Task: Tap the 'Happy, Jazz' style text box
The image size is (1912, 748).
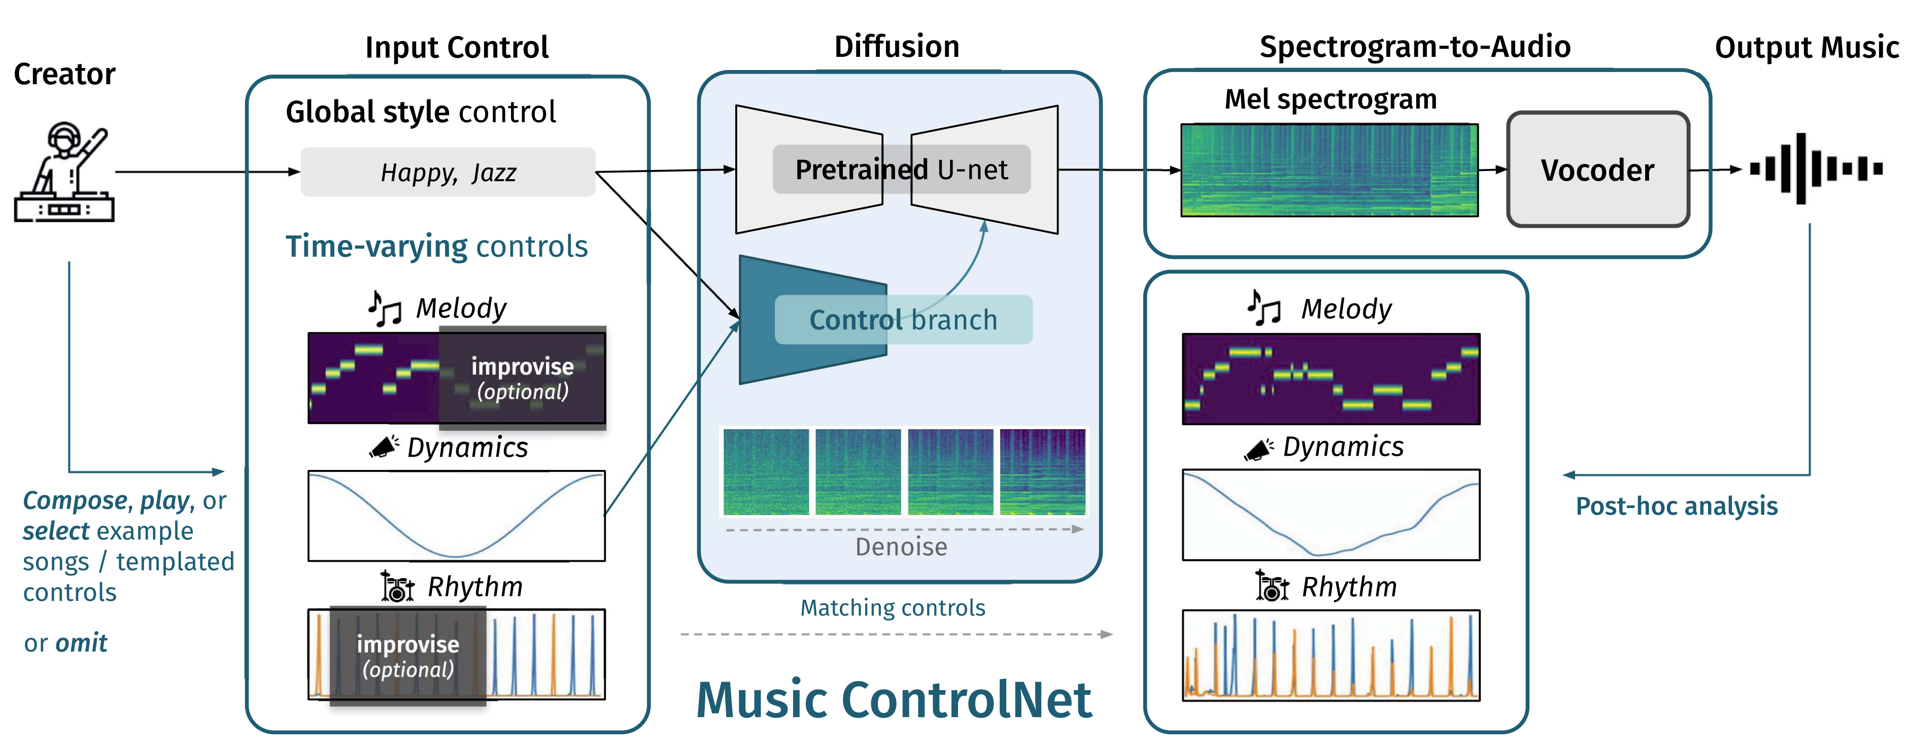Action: click(448, 172)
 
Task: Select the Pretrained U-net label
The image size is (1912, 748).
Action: click(901, 170)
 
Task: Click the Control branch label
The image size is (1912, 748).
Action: click(903, 320)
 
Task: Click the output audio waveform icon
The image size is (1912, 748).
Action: click(1816, 168)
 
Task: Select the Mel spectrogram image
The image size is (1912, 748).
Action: click(1328, 170)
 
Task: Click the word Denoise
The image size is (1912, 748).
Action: click(901, 547)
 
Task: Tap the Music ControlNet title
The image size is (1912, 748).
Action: click(894, 700)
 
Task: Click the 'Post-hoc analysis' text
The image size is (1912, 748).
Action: click(1676, 506)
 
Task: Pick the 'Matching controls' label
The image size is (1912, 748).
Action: click(892, 608)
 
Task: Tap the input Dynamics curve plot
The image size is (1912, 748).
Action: click(457, 516)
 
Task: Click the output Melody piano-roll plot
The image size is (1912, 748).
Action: click(1331, 379)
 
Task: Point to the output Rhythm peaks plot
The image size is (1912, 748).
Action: click(1331, 655)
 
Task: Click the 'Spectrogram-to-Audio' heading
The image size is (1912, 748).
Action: click(1415, 47)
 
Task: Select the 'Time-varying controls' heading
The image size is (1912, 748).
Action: click(436, 246)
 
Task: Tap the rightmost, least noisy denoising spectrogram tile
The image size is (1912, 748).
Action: click(1042, 472)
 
